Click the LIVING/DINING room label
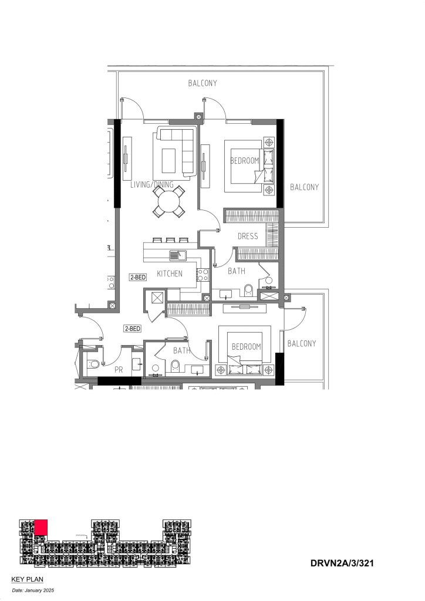pyautogui.click(x=152, y=185)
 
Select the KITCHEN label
pyautogui.click(x=170, y=274)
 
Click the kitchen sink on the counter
pyautogui.click(x=177, y=255)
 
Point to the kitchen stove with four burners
pyautogui.click(x=203, y=275)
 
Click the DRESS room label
pyautogui.click(x=248, y=236)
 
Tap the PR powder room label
pyautogui.click(x=119, y=370)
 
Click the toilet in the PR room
pyautogui.click(x=93, y=364)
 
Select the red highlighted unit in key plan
pyautogui.click(x=41, y=527)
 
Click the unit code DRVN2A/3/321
pyautogui.click(x=342, y=563)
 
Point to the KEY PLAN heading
pyautogui.click(x=27, y=579)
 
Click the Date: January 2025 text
pyautogui.click(x=33, y=590)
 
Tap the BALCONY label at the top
pyautogui.click(x=203, y=83)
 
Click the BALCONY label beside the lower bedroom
pyautogui.click(x=302, y=343)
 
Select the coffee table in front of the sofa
pyautogui.click(x=168, y=161)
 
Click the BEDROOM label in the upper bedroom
pyautogui.click(x=245, y=161)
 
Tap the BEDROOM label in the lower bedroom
pyautogui.click(x=246, y=347)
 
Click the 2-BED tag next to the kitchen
pyautogui.click(x=137, y=277)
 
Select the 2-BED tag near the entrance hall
pyautogui.click(x=132, y=329)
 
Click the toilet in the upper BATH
pyautogui.click(x=248, y=290)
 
